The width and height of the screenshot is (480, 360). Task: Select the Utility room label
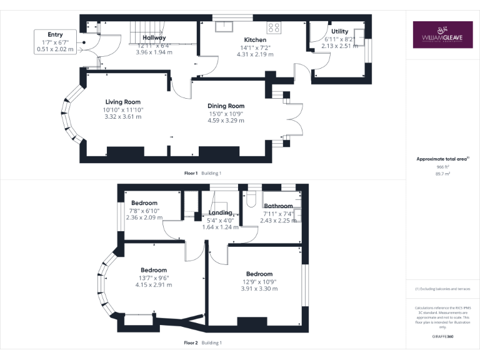coord(340,31)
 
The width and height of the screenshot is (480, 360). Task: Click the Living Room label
coord(122,102)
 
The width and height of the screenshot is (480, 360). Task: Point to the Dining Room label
coord(226,106)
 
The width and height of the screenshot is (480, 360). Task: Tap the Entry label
coord(55,34)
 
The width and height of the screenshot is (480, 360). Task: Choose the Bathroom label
coord(278,206)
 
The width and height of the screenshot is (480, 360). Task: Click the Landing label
coord(221,213)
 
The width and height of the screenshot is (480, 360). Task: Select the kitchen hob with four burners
coord(274,27)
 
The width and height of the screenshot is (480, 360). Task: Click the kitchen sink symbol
coord(224,26)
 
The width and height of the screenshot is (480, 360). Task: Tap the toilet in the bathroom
coord(252,198)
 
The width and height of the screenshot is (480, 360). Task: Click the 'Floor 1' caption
coord(191,173)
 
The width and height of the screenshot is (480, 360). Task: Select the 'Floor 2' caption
coord(191,343)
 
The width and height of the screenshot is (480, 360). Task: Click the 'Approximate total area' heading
coord(442,159)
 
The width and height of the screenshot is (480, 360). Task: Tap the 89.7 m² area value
coord(442,174)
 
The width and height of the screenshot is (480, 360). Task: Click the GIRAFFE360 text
coord(442,336)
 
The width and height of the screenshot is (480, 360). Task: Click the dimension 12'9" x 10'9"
coord(259,281)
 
